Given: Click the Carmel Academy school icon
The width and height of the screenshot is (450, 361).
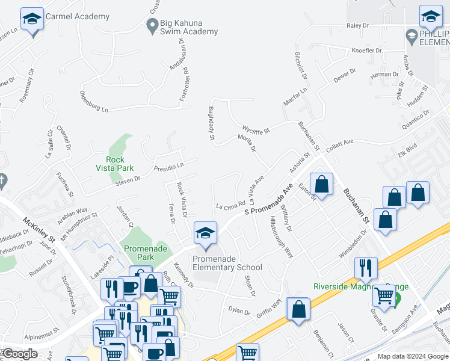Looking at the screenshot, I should click(31, 20).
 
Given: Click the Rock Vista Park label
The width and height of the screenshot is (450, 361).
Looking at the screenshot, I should click(115, 164).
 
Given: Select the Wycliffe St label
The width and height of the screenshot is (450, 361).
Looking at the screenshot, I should click(256, 129).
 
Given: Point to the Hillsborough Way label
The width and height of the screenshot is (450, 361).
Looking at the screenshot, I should click(282, 236).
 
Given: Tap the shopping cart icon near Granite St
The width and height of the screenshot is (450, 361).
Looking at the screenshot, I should click(384, 295).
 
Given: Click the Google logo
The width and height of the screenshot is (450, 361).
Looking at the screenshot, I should click(20, 354).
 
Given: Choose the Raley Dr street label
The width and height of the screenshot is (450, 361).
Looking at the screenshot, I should click(357, 26).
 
